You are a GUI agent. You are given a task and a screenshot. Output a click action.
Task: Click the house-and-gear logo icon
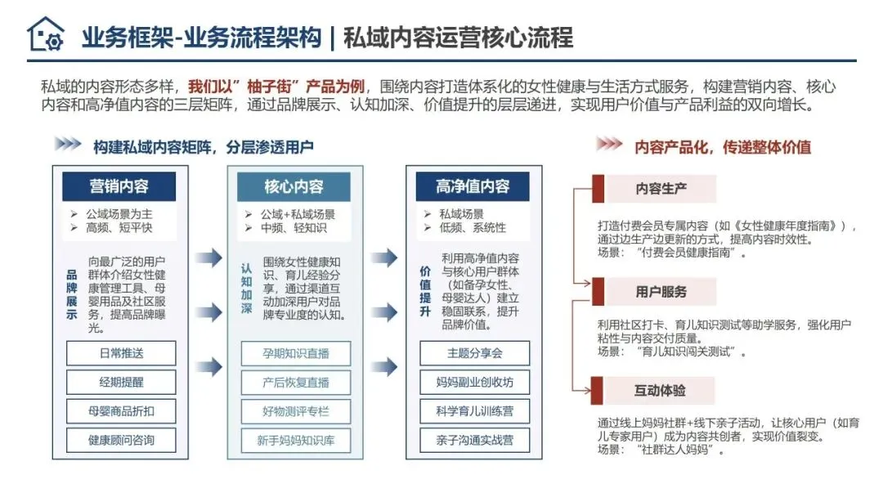tap(45, 34)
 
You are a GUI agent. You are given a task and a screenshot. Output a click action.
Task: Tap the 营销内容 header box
tap(119, 186)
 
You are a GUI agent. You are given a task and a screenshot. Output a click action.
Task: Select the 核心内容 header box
tap(294, 186)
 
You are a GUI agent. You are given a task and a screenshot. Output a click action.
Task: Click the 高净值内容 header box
tap(473, 186)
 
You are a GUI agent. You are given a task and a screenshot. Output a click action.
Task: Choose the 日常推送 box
tap(121, 353)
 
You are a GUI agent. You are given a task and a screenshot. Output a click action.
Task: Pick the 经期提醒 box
tap(121, 382)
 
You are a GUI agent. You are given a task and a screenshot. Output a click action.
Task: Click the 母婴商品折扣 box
tap(121, 410)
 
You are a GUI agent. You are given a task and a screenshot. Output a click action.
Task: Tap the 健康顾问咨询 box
tap(121, 440)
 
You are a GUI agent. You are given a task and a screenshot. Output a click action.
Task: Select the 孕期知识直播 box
tap(296, 353)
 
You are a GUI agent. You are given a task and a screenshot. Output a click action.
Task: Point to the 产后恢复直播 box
tap(296, 382)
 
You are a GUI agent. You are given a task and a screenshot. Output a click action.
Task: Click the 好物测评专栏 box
tap(296, 410)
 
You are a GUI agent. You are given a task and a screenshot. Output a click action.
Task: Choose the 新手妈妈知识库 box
tap(296, 440)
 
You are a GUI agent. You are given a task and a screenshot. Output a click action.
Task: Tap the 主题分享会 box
tap(475, 353)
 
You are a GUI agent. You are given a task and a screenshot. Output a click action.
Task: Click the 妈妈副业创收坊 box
tap(475, 382)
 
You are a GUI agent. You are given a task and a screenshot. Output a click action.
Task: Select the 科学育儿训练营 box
tap(475, 410)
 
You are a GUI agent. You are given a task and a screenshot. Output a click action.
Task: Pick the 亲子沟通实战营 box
tap(475, 440)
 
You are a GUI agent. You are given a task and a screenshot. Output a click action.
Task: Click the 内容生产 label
tap(661, 189)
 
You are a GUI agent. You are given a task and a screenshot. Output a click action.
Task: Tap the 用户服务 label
tap(661, 291)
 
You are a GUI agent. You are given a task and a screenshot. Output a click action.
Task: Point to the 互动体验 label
tap(661, 391)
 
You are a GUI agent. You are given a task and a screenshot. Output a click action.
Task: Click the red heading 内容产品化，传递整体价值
tap(723, 147)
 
